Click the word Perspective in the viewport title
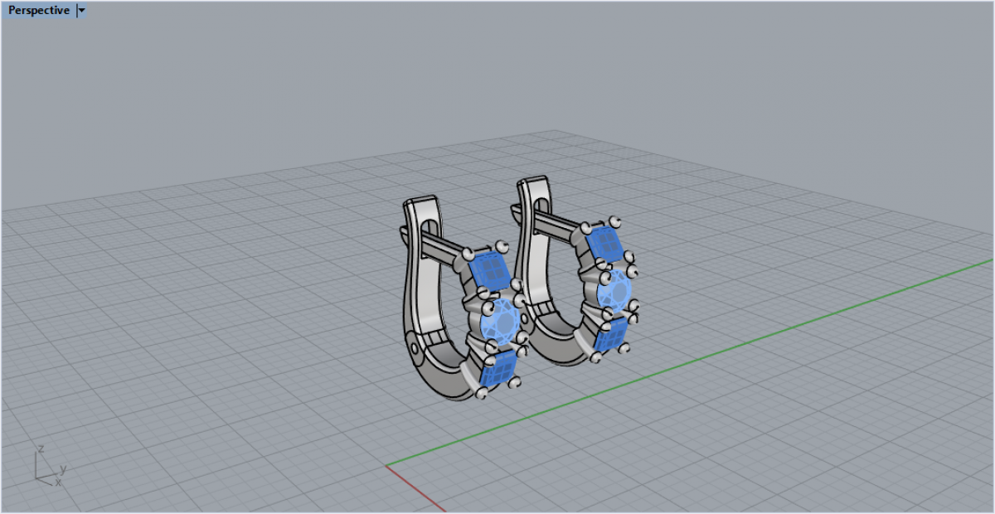pos(39,10)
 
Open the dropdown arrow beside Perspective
pos(81,11)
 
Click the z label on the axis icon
pos(41,449)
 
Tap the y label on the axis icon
pos(63,468)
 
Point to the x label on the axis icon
pos(58,482)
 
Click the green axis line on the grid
pos(690,362)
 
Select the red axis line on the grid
pos(415,488)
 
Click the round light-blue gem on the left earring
pos(501,322)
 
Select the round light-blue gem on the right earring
pos(614,291)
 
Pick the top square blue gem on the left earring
pos(489,270)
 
